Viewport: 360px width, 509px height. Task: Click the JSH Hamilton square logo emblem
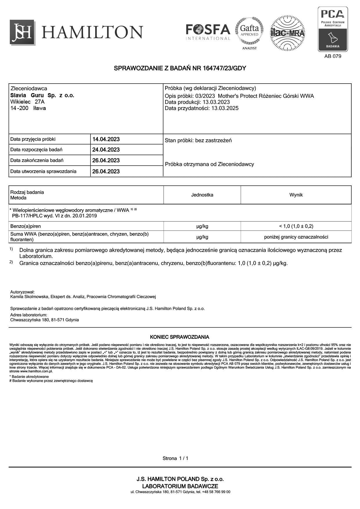22,32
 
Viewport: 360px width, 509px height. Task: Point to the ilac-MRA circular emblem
287,33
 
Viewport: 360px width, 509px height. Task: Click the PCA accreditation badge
333,29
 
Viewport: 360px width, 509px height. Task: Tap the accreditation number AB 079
333,56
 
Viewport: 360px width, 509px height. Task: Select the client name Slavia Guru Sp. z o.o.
42,95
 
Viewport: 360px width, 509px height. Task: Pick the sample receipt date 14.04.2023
106,139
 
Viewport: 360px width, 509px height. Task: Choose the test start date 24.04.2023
106,150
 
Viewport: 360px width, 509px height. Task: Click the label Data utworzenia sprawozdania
43,171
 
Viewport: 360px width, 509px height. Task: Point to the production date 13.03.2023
216,102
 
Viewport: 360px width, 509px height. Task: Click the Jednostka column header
202,195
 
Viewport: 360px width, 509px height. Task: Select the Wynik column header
296,195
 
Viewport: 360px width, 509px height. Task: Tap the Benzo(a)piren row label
26,226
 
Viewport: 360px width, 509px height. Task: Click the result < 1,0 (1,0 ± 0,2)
296,226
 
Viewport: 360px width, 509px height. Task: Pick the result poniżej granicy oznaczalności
296,237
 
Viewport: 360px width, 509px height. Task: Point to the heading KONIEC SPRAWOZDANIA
179,337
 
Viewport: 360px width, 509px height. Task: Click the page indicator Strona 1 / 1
175,458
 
